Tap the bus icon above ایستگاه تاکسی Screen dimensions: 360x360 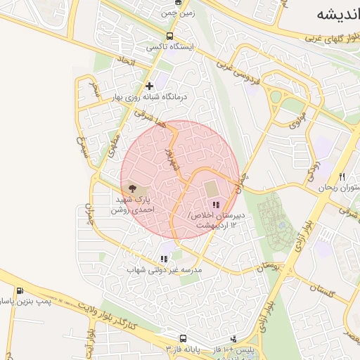point(169,37)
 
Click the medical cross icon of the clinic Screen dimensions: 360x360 point(149,86)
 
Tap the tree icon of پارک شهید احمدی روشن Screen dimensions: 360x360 point(131,188)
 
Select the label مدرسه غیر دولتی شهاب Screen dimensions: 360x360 point(165,269)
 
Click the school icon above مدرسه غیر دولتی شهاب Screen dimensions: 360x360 point(164,259)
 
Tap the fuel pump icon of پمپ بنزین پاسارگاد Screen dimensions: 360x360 point(18,290)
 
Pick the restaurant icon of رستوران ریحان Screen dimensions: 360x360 point(342,177)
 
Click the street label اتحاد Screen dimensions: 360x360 point(127,64)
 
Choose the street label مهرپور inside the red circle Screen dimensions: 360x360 point(168,159)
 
